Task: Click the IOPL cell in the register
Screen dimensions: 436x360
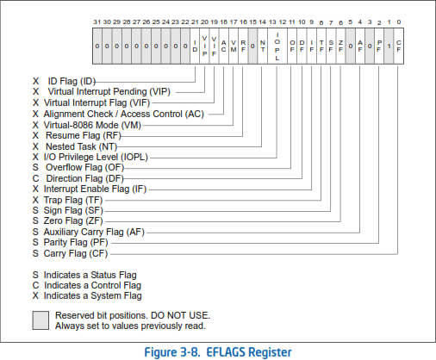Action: coord(277,46)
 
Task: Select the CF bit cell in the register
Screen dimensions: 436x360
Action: coord(399,46)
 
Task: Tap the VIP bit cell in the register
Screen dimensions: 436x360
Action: coord(204,46)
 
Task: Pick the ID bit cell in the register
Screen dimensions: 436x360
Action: coord(195,46)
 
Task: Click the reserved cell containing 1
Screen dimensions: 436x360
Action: coord(389,46)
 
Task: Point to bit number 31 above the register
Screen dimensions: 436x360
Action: coord(97,22)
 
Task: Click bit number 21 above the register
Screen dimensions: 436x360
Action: coord(195,22)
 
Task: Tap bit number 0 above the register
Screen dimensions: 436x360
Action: coord(399,22)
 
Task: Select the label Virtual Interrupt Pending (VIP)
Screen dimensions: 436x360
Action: coord(109,92)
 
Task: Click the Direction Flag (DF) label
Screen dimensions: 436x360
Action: coord(84,178)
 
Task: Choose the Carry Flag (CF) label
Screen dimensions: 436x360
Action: coord(76,254)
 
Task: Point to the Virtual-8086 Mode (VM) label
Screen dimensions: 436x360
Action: coord(92,126)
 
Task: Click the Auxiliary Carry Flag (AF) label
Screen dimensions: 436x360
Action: coord(94,232)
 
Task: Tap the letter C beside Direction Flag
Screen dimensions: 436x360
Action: coord(35,178)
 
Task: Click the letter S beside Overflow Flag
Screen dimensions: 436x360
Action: coord(35,168)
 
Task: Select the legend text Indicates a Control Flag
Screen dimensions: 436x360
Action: coord(92,286)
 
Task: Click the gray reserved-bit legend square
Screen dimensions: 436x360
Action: coord(40,320)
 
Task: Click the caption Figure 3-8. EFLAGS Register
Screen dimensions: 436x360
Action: coord(218,352)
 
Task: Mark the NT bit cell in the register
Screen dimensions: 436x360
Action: coord(263,46)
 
